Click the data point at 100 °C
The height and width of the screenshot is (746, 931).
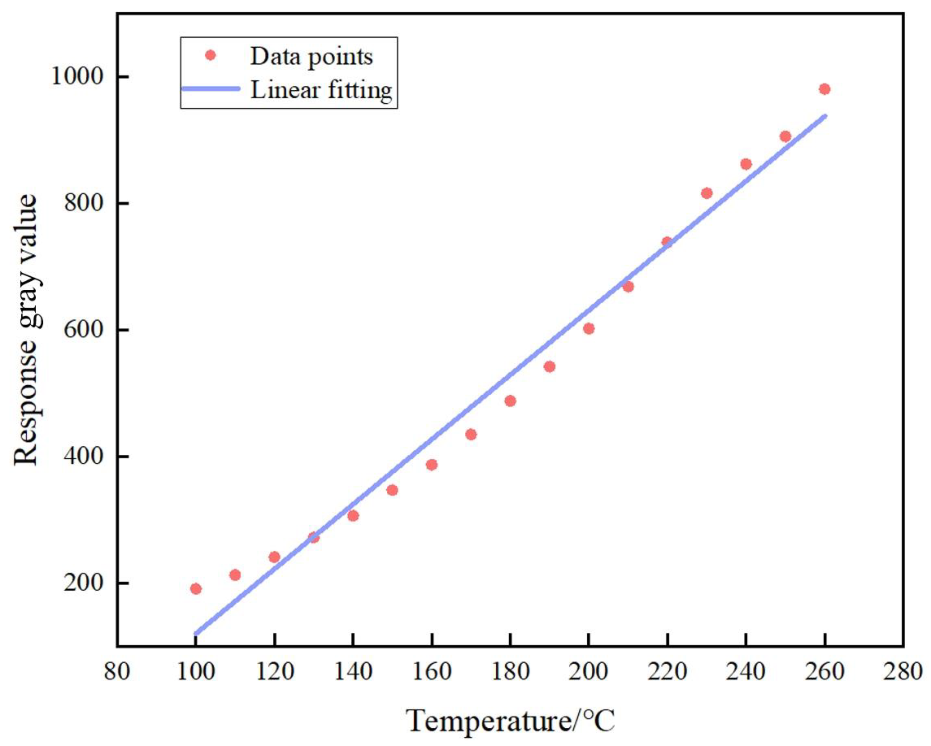coord(196,589)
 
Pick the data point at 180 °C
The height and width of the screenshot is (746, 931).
coord(510,401)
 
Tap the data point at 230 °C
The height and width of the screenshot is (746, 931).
coord(706,193)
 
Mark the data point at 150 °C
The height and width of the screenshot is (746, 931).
coord(392,490)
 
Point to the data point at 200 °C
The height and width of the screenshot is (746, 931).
coord(588,329)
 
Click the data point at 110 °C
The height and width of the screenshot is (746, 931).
coord(235,575)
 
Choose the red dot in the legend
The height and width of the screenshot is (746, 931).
coord(210,55)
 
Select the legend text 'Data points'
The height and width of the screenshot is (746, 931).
coord(311,57)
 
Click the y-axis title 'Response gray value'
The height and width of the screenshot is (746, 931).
coord(26,330)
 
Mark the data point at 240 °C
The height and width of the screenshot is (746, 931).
coord(746,164)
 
